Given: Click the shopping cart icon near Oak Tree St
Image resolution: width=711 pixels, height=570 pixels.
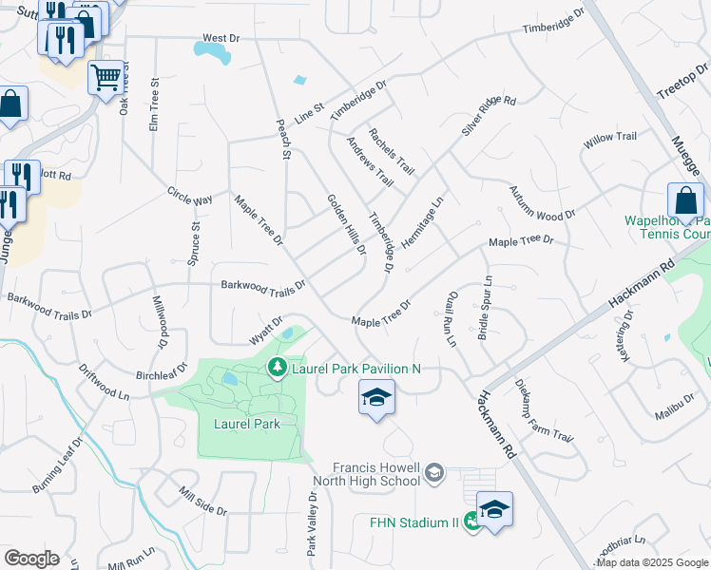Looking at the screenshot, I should point(106,76).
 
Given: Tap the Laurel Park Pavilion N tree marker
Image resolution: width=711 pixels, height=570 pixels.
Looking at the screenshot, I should point(277,367).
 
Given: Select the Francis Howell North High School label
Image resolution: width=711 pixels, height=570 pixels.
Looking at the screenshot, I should point(375,473).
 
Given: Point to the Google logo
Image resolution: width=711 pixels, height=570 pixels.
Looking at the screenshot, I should point(31,559).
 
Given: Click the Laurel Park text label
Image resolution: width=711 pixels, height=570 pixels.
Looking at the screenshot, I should point(247,424).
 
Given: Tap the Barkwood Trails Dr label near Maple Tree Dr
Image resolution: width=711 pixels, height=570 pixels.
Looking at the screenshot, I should point(262,284).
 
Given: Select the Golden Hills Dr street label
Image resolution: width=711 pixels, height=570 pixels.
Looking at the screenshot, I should point(347,225).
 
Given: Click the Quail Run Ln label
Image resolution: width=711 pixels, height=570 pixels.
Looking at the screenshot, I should point(452,318).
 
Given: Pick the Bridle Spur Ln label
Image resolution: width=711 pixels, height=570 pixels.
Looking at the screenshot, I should point(484,309).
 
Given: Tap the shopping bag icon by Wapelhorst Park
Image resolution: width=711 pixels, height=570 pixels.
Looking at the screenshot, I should point(685,200).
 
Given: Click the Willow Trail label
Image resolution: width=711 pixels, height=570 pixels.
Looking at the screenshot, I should point(610,138).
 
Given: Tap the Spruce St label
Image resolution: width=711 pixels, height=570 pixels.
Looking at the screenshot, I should point(194,244).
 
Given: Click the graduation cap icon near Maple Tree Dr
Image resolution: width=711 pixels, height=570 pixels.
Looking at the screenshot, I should point(376,397).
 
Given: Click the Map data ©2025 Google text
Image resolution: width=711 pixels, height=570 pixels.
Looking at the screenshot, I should point(652,562).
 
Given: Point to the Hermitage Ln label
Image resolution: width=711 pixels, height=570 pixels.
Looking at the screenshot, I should point(423,223).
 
